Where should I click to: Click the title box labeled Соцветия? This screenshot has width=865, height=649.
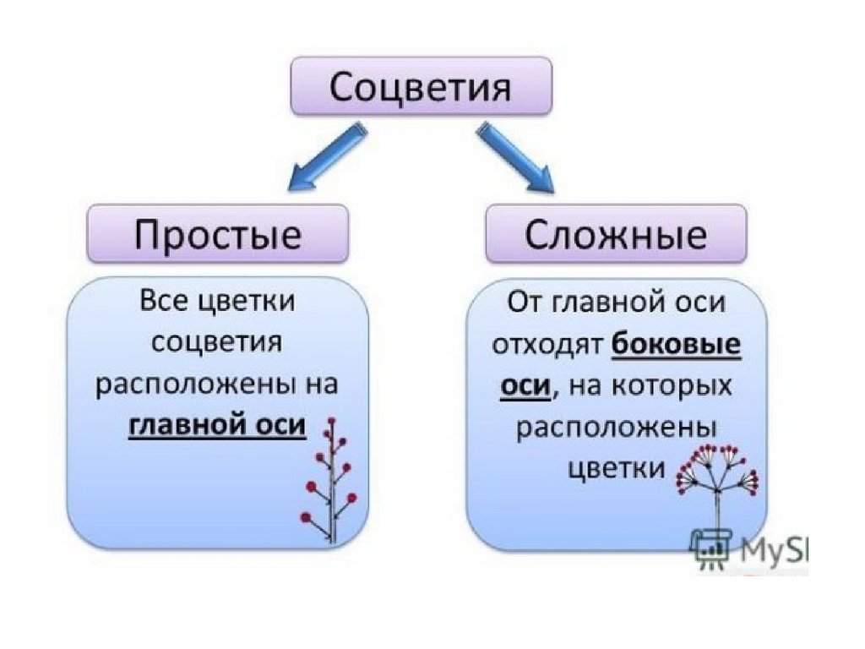click(x=421, y=86)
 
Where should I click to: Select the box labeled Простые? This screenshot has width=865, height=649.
click(x=218, y=233)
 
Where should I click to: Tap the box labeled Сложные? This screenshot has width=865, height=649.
click(x=616, y=233)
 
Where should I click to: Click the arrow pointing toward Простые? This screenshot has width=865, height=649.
click(x=328, y=157)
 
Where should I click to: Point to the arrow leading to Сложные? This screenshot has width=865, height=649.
click(x=516, y=157)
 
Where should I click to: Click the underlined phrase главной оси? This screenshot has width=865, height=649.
click(x=217, y=425)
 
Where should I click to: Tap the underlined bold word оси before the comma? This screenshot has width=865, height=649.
click(x=525, y=384)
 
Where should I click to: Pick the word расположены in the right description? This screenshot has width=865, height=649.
click(x=616, y=428)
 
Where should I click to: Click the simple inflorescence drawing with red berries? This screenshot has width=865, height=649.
click(x=329, y=480)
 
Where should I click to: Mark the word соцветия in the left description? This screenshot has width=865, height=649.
click(x=217, y=343)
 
